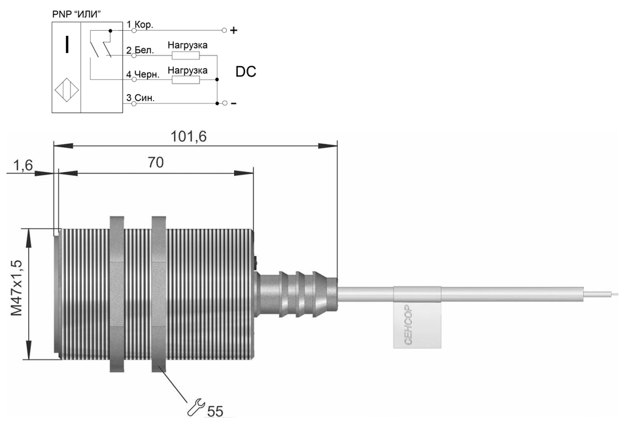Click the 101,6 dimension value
pos(188,136)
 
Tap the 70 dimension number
pos(156,162)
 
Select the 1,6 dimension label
pos(24,165)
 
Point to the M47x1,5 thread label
pos(17,288)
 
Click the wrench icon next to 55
pos(195,407)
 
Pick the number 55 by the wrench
pos(216,411)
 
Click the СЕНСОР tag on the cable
pos(417,317)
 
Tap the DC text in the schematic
pos(246,72)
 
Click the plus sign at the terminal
pos(233,30)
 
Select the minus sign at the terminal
pos(233,103)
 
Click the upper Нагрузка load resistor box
pos(186,55)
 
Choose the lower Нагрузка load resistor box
pos(186,80)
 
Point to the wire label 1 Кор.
pos(140,25)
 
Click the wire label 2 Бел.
pos(140,50)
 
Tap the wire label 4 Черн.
pos(143,75)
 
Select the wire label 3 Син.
pos(140,98)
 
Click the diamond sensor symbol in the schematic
pos(67,90)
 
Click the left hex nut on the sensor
pos(117,294)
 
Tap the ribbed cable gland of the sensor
pos(297,294)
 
